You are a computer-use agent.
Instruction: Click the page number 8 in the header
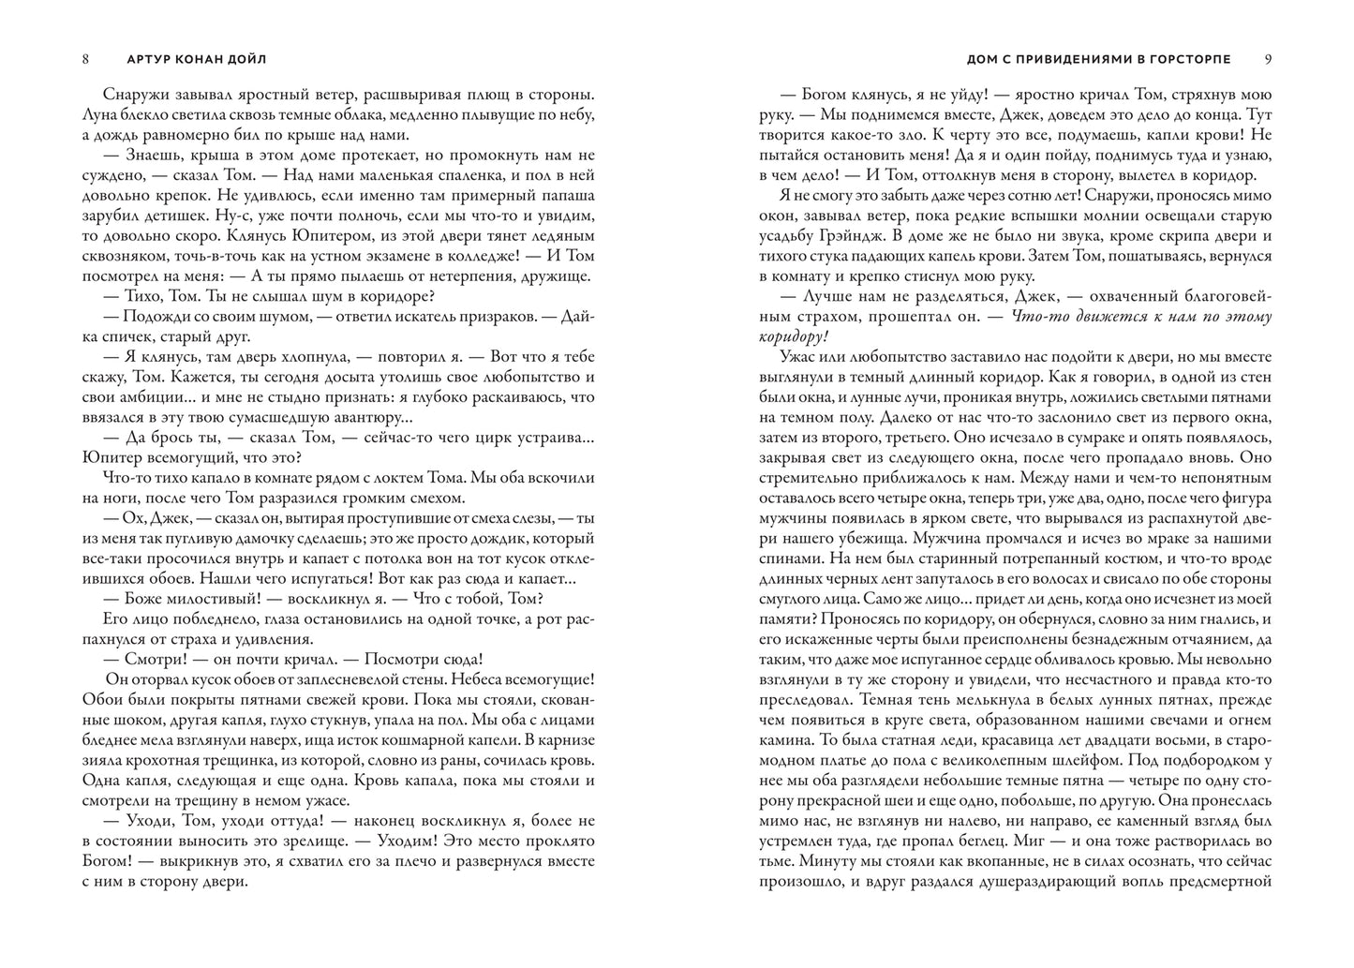coord(86,59)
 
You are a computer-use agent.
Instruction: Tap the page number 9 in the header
coord(1268,59)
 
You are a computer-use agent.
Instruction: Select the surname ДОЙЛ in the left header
coord(246,59)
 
